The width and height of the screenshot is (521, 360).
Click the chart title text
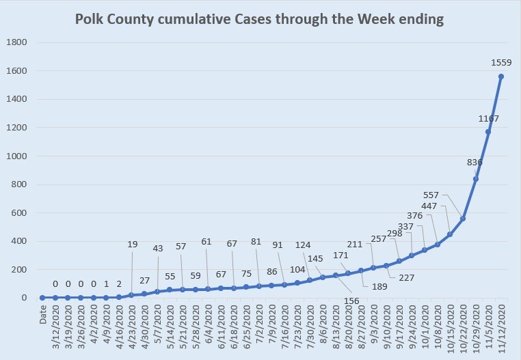[259, 20]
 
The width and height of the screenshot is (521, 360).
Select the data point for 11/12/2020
[501, 77]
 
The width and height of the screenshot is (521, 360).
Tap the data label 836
[475, 163]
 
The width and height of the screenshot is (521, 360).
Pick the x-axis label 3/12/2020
[55, 326]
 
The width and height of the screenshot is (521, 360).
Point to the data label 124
[304, 244]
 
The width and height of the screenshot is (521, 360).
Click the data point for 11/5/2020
[488, 132]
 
